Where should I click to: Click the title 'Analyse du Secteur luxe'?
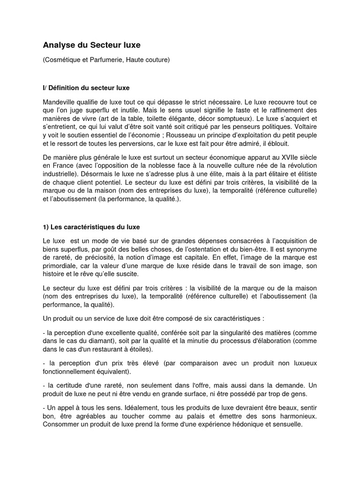[x=92, y=45]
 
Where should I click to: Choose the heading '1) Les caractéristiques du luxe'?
[x=91, y=227]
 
